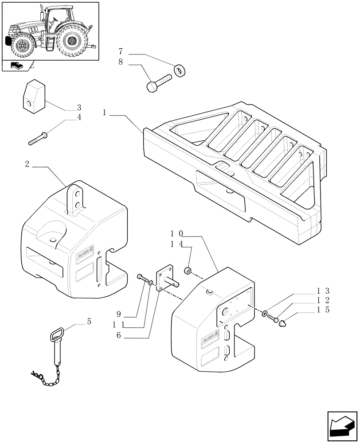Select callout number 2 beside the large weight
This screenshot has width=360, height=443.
(x=27, y=164)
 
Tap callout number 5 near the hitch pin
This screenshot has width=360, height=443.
(x=89, y=322)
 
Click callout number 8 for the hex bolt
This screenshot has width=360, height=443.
(x=121, y=63)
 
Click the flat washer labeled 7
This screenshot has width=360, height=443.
(x=180, y=70)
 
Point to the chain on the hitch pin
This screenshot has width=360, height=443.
(x=47, y=375)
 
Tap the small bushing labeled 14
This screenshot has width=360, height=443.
(x=188, y=271)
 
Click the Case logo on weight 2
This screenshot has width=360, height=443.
(x=84, y=256)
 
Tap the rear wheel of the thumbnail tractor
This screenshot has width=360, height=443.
(x=71, y=42)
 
